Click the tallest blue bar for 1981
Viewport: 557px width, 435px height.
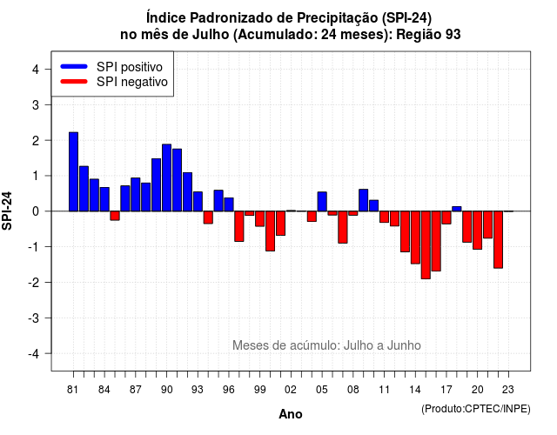(73, 172)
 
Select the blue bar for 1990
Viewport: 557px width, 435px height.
(166, 177)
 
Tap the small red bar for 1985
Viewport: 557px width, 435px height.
(115, 216)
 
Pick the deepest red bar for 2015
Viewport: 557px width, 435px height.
(426, 245)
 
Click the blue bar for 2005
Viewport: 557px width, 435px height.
(322, 201)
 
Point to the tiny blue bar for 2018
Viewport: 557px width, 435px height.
(457, 209)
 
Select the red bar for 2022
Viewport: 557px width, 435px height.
(498, 240)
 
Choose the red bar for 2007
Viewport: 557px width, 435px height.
(343, 227)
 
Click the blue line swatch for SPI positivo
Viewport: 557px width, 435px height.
(74, 66)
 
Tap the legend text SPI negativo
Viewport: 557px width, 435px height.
(132, 82)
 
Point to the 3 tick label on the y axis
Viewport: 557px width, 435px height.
(35, 104)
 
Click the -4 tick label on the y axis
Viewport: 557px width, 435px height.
(35, 354)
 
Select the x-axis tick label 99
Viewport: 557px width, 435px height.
(259, 390)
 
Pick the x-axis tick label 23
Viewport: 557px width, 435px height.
(508, 390)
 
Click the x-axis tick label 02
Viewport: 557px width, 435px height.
(291, 390)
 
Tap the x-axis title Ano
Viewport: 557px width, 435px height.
(291, 414)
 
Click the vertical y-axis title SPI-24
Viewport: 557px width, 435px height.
(7, 211)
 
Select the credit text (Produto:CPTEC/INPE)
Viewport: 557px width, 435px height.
(476, 409)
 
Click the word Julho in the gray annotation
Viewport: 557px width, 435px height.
(363, 345)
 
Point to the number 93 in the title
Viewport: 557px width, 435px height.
(453, 35)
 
